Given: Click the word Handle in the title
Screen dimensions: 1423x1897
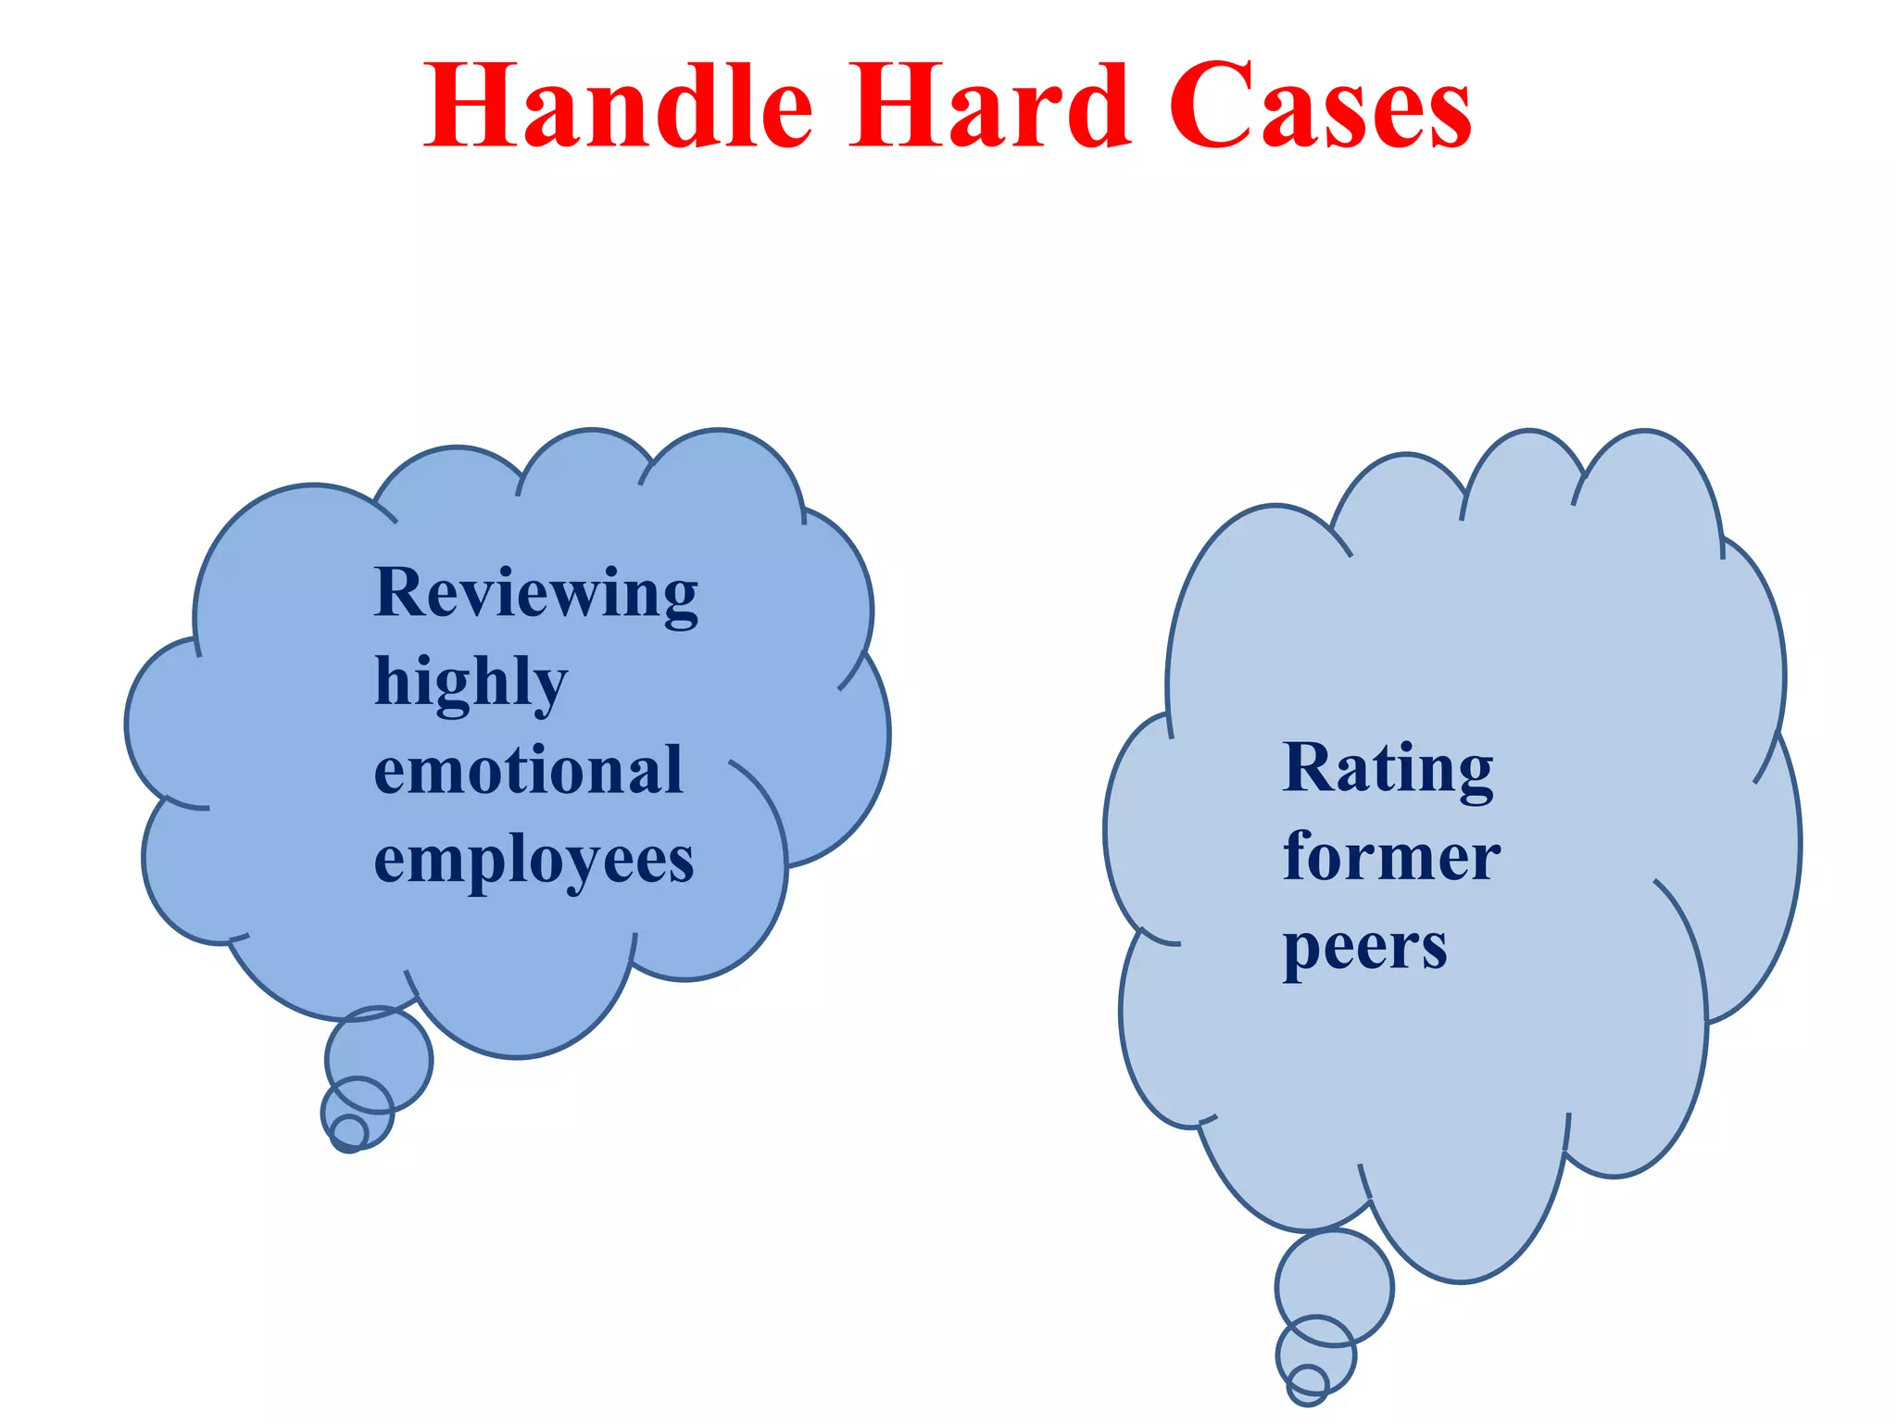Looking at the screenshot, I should click(619, 106).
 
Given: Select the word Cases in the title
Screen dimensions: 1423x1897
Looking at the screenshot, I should click(1320, 107).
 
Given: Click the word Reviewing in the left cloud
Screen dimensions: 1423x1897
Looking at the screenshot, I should click(535, 593).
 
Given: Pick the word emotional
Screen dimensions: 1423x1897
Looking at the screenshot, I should click(528, 771).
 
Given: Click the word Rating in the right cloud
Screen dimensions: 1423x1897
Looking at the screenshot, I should click(1388, 769).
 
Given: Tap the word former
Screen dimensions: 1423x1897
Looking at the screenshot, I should click(1391, 857).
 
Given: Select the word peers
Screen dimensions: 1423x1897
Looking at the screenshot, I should click(1364, 948).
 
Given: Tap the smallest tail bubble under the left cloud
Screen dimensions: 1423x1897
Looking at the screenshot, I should click(349, 1132).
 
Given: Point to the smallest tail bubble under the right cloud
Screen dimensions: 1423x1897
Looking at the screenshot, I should click(1307, 1385).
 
